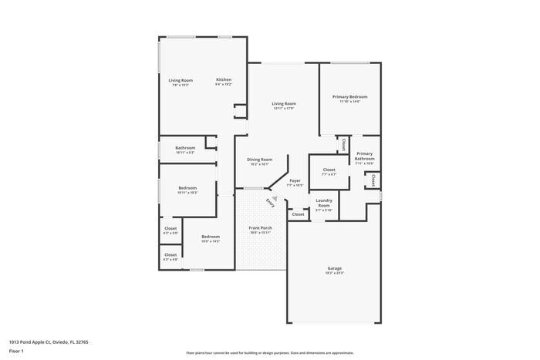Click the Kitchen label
pyautogui.click(x=224, y=80)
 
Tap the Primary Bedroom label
pyautogui.click(x=349, y=97)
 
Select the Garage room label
pyautogui.click(x=334, y=268)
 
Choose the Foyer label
pyautogui.click(x=295, y=181)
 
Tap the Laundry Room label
pyautogui.click(x=324, y=203)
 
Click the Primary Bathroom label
pyautogui.click(x=364, y=157)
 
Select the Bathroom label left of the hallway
pyautogui.click(x=185, y=148)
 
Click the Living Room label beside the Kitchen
pyautogui.click(x=181, y=80)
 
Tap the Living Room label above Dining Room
pyautogui.click(x=284, y=103)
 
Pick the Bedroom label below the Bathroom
pyautogui.click(x=187, y=188)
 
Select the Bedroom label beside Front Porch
pyautogui.click(x=211, y=237)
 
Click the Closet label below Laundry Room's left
pyautogui.click(x=298, y=214)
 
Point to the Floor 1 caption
pyautogui.click(x=16, y=351)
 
